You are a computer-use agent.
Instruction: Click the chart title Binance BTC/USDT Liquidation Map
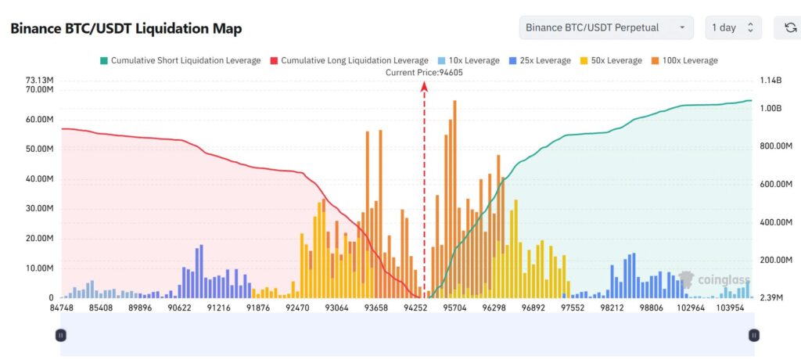click(126, 28)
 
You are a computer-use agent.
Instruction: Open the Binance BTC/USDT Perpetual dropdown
click(605, 27)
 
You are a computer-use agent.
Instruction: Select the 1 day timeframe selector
click(732, 27)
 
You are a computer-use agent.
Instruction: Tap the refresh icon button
click(790, 27)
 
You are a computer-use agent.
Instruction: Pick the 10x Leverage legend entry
click(469, 60)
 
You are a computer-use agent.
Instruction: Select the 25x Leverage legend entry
click(540, 60)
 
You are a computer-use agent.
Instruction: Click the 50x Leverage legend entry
click(611, 60)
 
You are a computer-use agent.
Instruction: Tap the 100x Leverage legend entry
click(684, 60)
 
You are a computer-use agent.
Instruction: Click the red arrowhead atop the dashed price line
click(424, 87)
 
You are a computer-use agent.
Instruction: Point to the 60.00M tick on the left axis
click(39, 120)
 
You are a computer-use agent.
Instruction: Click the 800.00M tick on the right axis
click(778, 146)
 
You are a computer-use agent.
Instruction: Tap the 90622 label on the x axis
click(179, 308)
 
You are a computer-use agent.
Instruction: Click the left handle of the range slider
click(61, 335)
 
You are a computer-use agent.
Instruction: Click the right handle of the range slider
click(753, 335)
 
